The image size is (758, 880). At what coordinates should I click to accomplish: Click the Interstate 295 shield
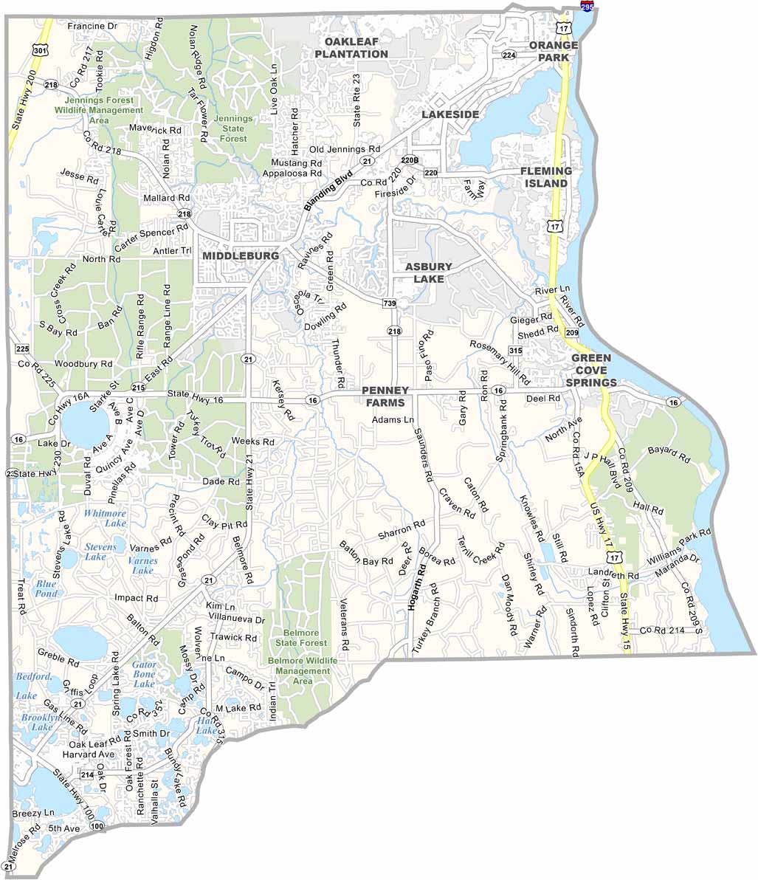(x=587, y=6)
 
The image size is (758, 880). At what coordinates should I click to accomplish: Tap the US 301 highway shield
(x=41, y=50)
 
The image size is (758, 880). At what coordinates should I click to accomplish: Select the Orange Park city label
(x=554, y=51)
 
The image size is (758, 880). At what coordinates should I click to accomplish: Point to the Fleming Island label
(x=546, y=176)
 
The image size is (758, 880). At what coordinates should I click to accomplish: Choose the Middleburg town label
(x=241, y=255)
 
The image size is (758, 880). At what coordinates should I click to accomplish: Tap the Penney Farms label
(x=384, y=396)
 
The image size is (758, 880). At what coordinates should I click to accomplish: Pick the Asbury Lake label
(x=428, y=272)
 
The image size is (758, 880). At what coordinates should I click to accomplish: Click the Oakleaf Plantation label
(x=351, y=48)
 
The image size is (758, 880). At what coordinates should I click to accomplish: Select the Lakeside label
(x=450, y=114)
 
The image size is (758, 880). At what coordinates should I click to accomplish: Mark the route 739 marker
(x=389, y=303)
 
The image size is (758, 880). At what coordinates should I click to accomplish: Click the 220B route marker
(x=410, y=159)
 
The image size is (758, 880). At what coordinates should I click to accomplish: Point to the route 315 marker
(x=515, y=351)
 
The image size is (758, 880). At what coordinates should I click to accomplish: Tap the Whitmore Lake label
(x=106, y=518)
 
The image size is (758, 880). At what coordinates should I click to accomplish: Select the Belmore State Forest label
(x=301, y=638)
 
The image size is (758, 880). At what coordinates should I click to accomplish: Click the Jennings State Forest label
(x=233, y=128)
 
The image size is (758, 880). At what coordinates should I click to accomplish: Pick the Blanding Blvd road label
(x=329, y=192)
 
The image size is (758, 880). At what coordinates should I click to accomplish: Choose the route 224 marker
(x=509, y=55)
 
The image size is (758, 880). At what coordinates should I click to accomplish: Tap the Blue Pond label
(x=46, y=588)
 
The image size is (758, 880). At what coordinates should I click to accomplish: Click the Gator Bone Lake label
(x=144, y=674)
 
